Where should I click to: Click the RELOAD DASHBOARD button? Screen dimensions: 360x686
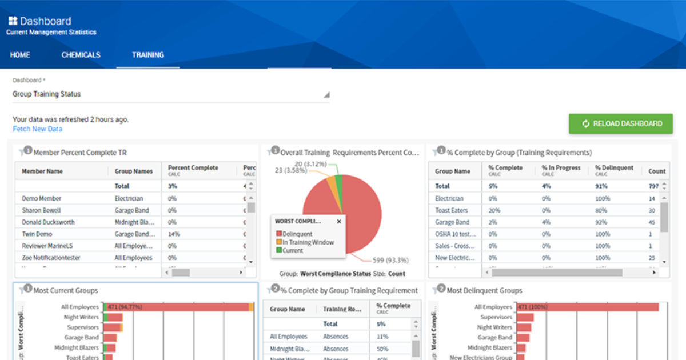[x=620, y=123]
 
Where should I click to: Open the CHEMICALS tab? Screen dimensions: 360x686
[x=81, y=55]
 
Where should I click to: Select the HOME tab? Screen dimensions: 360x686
[x=20, y=55]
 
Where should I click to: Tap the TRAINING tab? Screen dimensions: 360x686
[x=148, y=55]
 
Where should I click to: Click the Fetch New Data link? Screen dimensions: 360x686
[x=38, y=129]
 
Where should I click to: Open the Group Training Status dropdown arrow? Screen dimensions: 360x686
[x=326, y=95]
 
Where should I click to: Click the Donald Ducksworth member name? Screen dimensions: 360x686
[x=48, y=222]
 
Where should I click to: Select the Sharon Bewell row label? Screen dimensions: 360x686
[x=41, y=210]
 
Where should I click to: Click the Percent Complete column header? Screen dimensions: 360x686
[x=193, y=168]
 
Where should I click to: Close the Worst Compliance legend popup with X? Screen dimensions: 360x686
[x=338, y=221]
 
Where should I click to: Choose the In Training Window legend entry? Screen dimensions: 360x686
[x=308, y=242]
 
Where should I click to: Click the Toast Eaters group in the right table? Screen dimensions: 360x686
[x=452, y=210]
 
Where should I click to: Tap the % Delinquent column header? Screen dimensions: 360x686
[x=613, y=168]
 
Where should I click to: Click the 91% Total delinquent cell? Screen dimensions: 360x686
[x=601, y=186]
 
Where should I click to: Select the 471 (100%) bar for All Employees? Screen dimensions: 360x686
[x=588, y=307]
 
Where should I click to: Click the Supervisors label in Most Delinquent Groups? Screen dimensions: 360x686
[x=496, y=317]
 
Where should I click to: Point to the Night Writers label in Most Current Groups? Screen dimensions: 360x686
[x=81, y=317]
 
